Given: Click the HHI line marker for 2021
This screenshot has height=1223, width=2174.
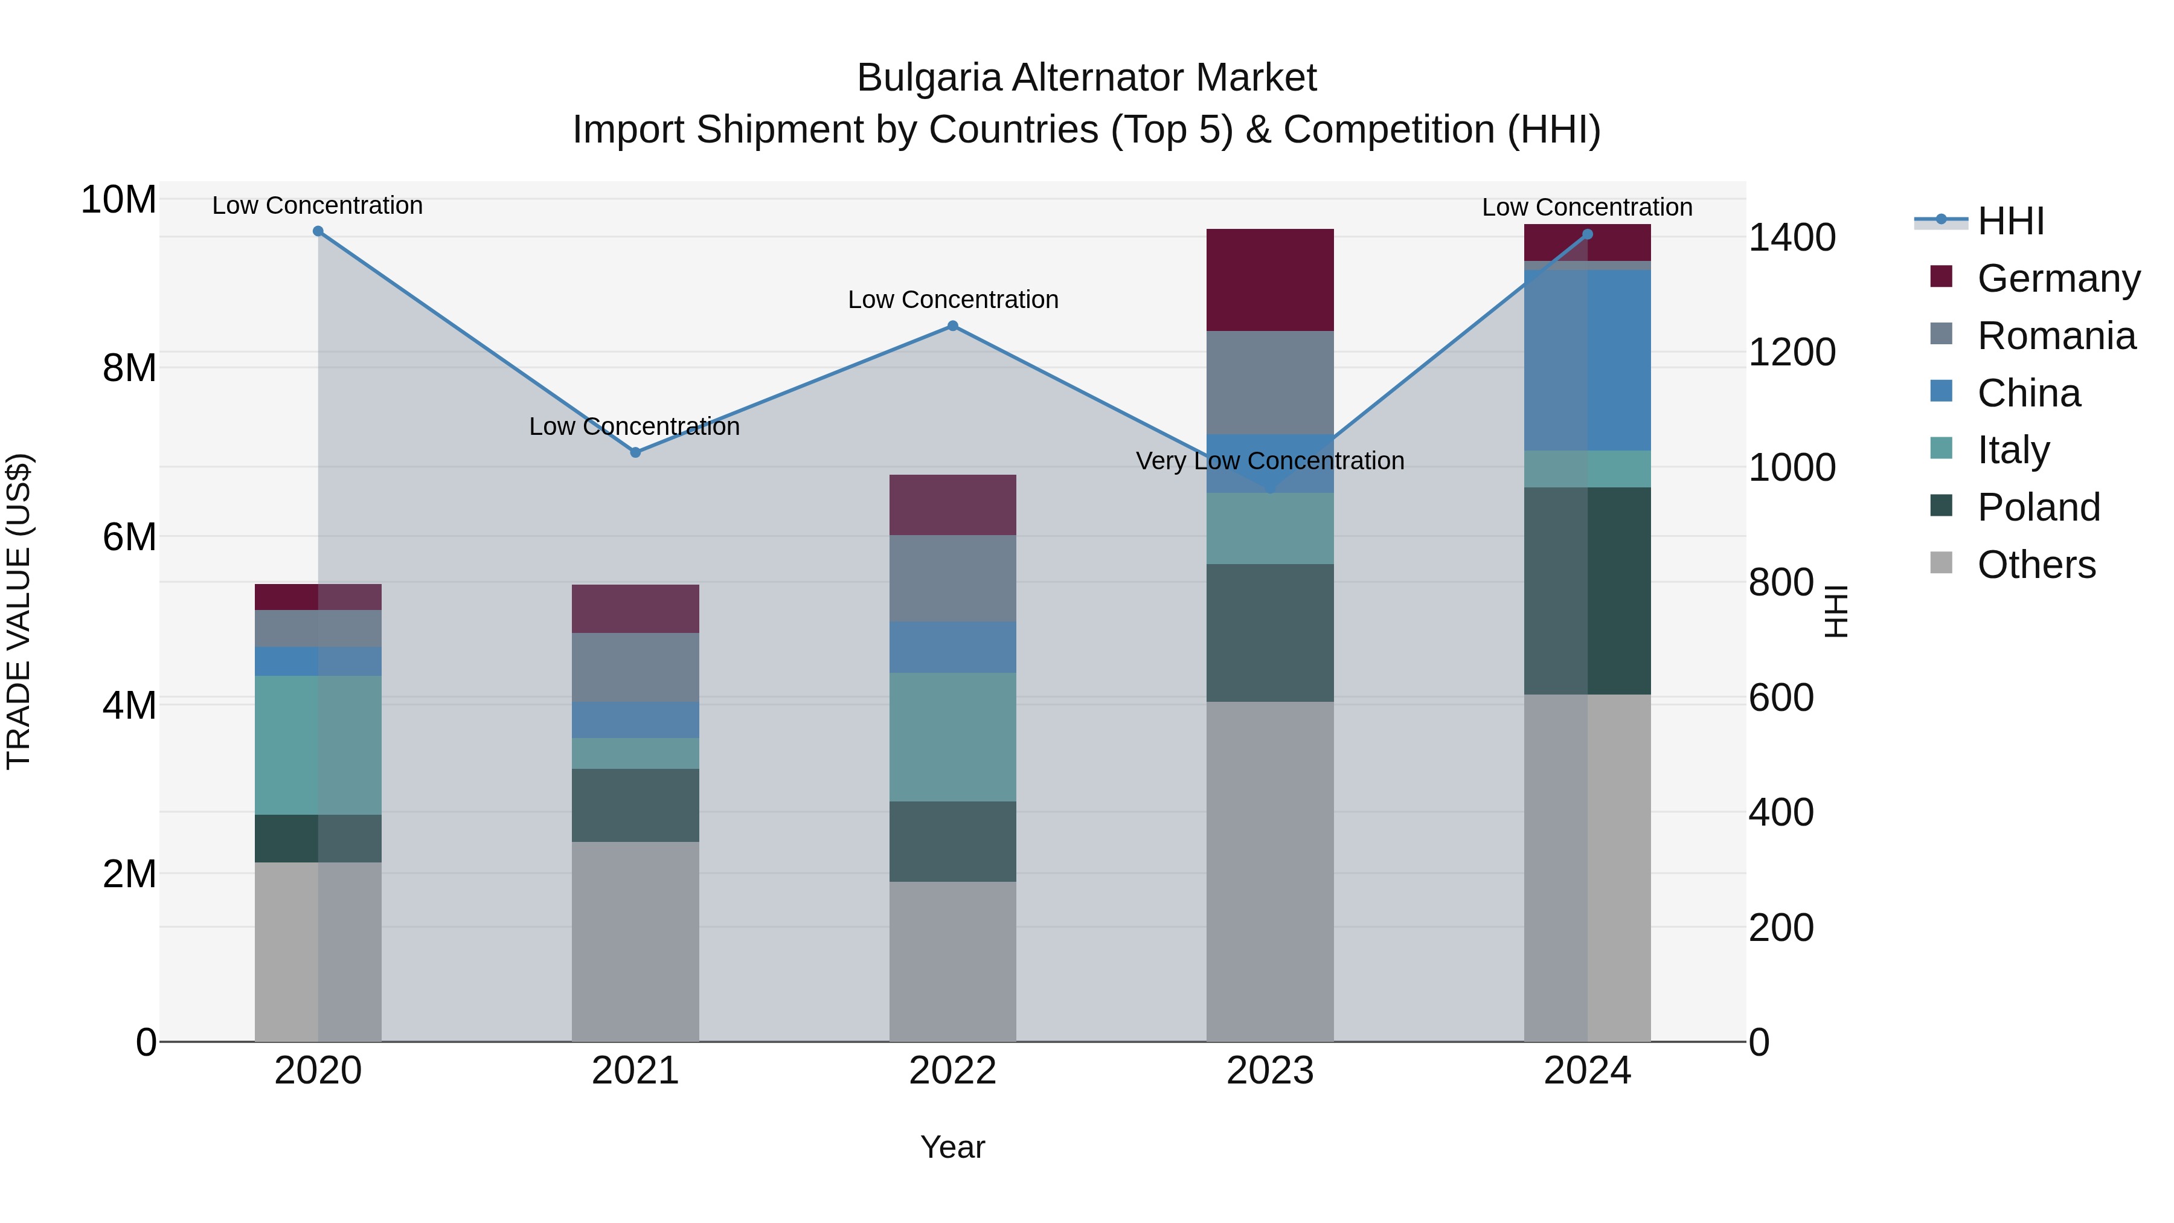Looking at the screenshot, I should tap(635, 452).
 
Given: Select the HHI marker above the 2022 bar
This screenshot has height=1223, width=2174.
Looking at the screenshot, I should tap(953, 326).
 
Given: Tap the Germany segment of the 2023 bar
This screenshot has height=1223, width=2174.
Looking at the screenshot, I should tap(1270, 280).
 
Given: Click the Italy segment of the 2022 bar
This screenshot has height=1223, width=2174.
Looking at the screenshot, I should tap(953, 736).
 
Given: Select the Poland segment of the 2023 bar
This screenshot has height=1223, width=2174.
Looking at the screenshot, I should tap(1270, 632).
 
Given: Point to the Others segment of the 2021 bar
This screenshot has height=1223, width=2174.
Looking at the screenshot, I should tap(635, 941).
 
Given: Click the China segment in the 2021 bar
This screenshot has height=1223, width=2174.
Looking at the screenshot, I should tap(635, 720).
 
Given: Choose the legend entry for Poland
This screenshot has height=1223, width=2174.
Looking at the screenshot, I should tap(2038, 507).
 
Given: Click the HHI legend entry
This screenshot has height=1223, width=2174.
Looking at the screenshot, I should tap(2010, 221).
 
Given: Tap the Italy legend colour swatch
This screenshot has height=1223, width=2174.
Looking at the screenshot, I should tap(1941, 449).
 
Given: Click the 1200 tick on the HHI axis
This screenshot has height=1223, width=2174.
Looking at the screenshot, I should tap(1791, 352).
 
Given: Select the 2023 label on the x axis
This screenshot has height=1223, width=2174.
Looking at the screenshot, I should tap(1270, 1071).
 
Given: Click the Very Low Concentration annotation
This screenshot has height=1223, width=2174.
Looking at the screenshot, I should tap(1270, 461).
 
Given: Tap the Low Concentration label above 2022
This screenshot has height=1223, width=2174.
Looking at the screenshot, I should tap(953, 300).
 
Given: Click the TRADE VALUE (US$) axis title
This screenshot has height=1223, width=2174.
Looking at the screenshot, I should tap(19, 611).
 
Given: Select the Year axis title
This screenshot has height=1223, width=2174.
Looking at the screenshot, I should tap(953, 1147).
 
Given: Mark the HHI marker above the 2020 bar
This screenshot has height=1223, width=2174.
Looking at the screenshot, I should tap(318, 231).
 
